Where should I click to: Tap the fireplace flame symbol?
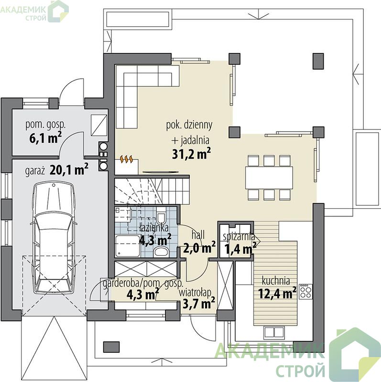click(x=127, y=159)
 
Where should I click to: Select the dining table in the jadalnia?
click(x=269, y=178)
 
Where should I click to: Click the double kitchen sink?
click(x=274, y=332)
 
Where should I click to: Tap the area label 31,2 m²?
click(x=191, y=154)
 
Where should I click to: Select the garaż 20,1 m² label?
click(x=56, y=170)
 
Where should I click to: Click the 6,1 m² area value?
click(x=45, y=138)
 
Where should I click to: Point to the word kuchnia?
click(x=276, y=281)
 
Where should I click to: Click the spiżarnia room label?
click(x=239, y=236)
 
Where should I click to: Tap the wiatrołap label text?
click(x=195, y=293)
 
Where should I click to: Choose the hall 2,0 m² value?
click(x=199, y=248)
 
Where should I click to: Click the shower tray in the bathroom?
click(x=128, y=246)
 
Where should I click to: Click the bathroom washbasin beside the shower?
click(x=161, y=251)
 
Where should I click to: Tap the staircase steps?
click(x=152, y=191)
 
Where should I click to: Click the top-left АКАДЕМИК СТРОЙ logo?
click(x=34, y=11)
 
